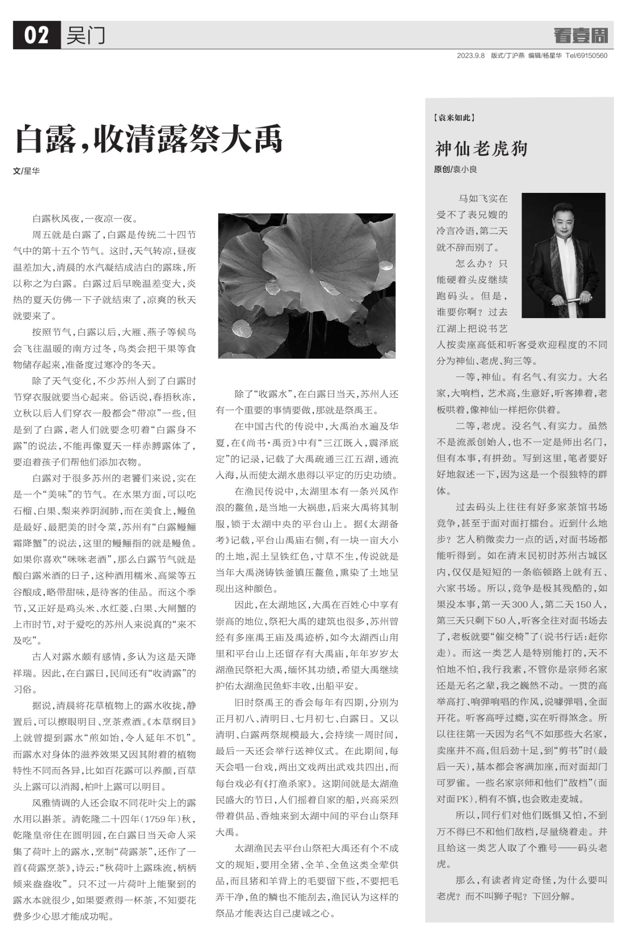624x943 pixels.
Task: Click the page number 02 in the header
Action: click(x=37, y=35)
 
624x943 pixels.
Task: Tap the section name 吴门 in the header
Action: click(x=85, y=35)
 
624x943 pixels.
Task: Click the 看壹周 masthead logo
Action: click(x=581, y=35)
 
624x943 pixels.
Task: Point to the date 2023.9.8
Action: click(x=470, y=56)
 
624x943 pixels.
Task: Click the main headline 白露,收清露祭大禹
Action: click(x=149, y=139)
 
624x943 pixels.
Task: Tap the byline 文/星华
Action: click(x=26, y=171)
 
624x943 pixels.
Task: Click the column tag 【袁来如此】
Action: click(x=453, y=117)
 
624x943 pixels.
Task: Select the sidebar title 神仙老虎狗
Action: click(x=481, y=149)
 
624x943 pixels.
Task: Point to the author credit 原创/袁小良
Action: click(x=455, y=170)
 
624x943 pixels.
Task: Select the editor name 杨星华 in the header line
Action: click(x=552, y=56)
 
